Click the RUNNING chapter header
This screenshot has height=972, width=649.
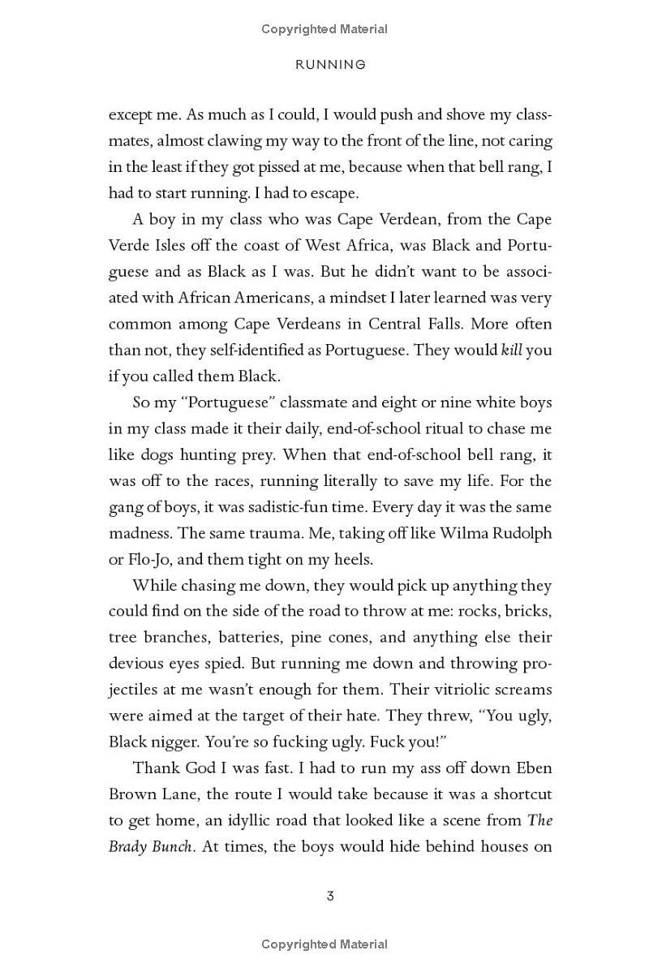coord(329,64)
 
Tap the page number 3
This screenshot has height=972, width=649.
coord(330,896)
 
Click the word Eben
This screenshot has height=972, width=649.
coord(533,768)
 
